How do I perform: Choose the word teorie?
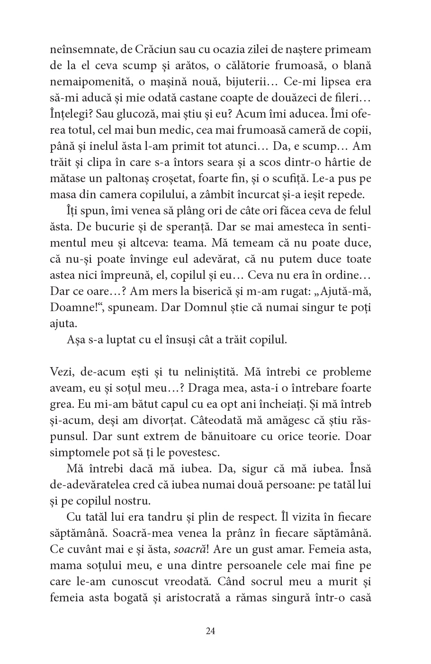[x=319, y=436]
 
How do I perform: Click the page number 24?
[x=211, y=631]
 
